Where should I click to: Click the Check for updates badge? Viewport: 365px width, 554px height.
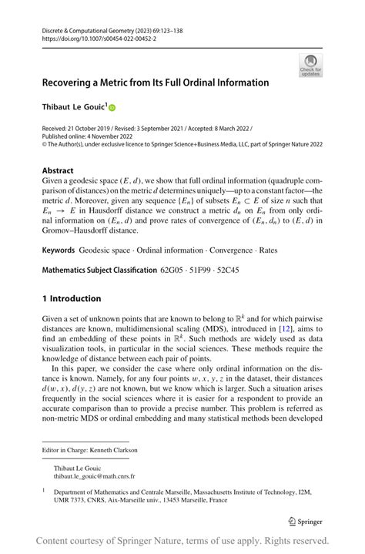tap(311, 65)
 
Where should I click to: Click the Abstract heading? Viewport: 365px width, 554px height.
tap(59, 170)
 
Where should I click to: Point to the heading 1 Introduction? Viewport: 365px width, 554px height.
tap(72, 298)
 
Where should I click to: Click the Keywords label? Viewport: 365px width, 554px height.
tap(59, 250)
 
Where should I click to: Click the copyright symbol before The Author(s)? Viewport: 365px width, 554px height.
tap(45, 144)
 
